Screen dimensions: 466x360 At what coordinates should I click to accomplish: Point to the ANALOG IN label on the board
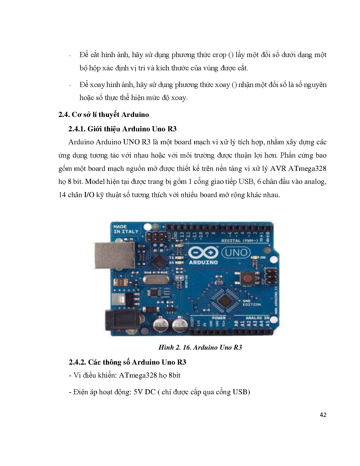pos(257,318)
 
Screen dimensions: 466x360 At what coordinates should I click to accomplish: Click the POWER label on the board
pos(219,318)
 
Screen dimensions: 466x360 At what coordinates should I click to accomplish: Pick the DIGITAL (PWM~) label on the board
pos(239,241)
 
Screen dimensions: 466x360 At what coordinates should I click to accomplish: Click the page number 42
pos(323,415)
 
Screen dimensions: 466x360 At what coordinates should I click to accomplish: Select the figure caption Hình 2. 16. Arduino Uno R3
pos(200,347)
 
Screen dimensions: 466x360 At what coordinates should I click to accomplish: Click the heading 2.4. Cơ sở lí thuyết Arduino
pos(104,114)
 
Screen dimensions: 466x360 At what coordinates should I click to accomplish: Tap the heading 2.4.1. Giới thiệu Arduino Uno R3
pos(122,129)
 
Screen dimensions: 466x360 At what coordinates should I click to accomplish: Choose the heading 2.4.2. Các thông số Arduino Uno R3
pos(127,362)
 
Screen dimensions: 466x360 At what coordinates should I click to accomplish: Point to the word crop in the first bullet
pos(219,55)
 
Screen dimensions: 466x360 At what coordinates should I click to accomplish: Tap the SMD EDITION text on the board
pos(252,303)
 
